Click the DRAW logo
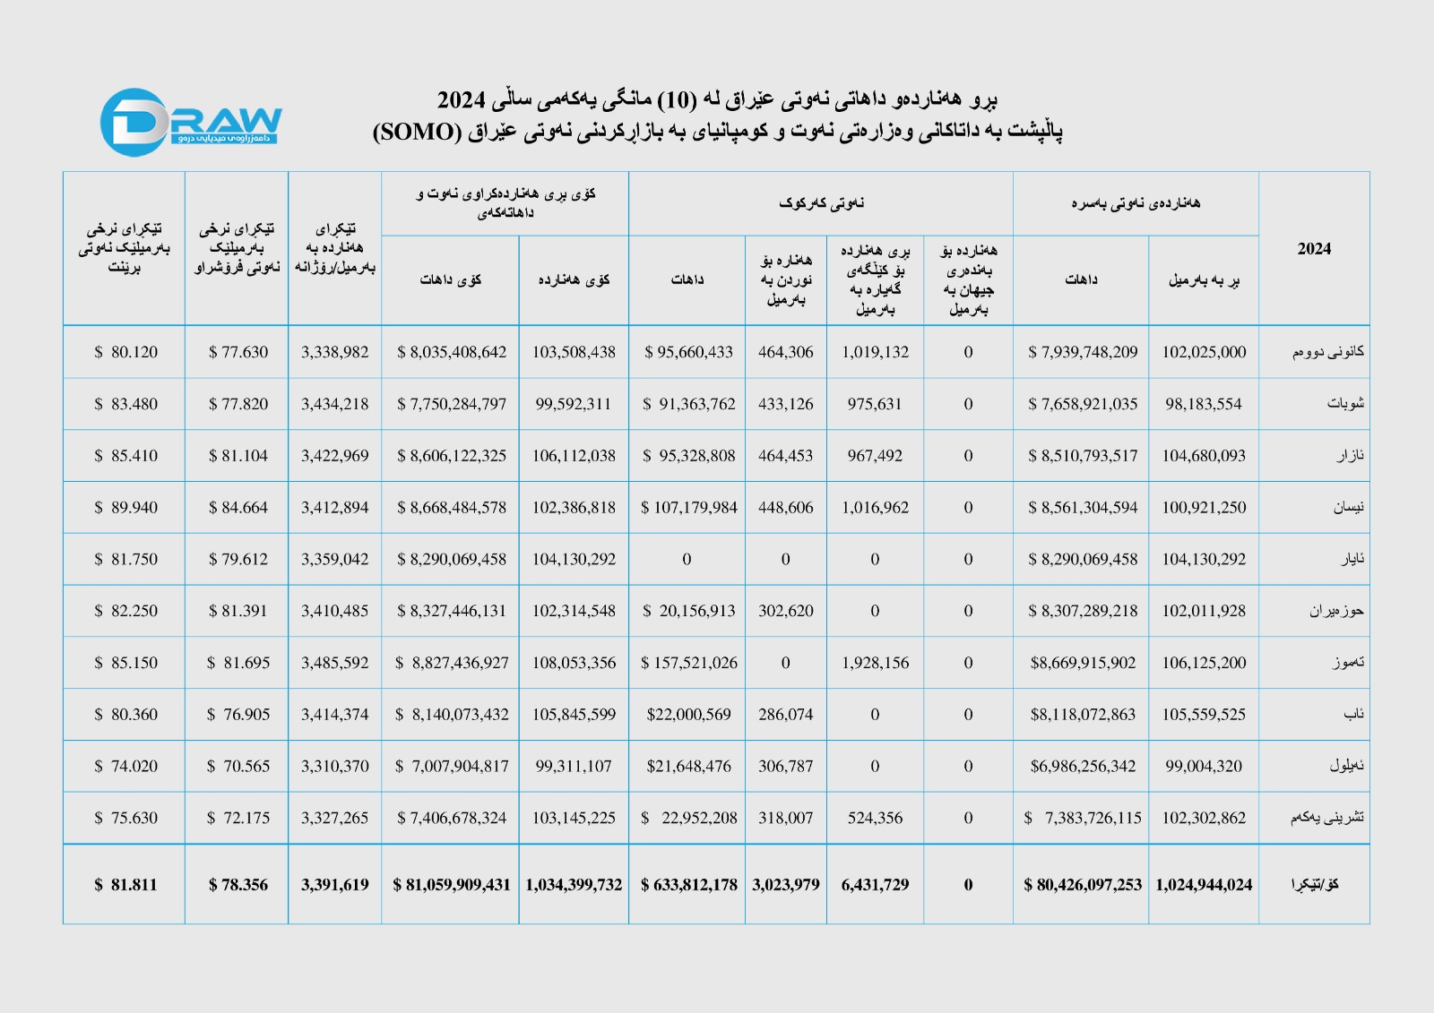click(x=190, y=123)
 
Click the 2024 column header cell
click(x=1313, y=249)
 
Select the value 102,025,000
click(x=1204, y=352)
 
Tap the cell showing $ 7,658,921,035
click(x=1083, y=404)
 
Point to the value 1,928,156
click(x=875, y=663)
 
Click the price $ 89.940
click(x=125, y=508)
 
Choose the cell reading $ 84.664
click(x=238, y=508)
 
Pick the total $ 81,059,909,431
click(x=452, y=885)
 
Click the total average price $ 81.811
click(x=125, y=885)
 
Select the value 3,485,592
click(x=334, y=663)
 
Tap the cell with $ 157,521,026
click(x=688, y=663)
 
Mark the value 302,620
click(x=785, y=611)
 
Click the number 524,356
click(x=875, y=818)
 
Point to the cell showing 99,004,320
click(x=1204, y=766)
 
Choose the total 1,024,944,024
click(x=1204, y=885)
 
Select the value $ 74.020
click(x=125, y=766)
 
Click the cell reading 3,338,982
click(x=334, y=352)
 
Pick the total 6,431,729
click(x=875, y=885)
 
